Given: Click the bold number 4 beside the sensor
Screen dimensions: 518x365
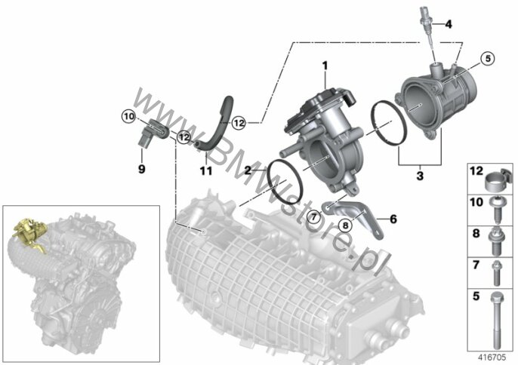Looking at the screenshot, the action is tap(449, 24).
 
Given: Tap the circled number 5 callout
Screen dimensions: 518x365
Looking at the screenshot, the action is tap(489, 59).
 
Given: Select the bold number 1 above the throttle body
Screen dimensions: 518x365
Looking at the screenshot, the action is tap(325, 66).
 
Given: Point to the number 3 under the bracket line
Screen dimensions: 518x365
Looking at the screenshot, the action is tap(420, 176).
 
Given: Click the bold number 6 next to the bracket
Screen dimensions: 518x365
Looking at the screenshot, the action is tap(393, 219).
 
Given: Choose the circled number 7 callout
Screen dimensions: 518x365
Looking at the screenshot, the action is tap(313, 217).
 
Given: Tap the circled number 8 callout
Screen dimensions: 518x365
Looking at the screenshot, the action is tap(345, 225).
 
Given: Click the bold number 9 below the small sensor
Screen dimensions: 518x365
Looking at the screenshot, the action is tap(141, 169).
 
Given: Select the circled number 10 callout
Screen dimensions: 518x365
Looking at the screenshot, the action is tap(128, 116).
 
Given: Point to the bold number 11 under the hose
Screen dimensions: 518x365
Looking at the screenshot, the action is tap(205, 171).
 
